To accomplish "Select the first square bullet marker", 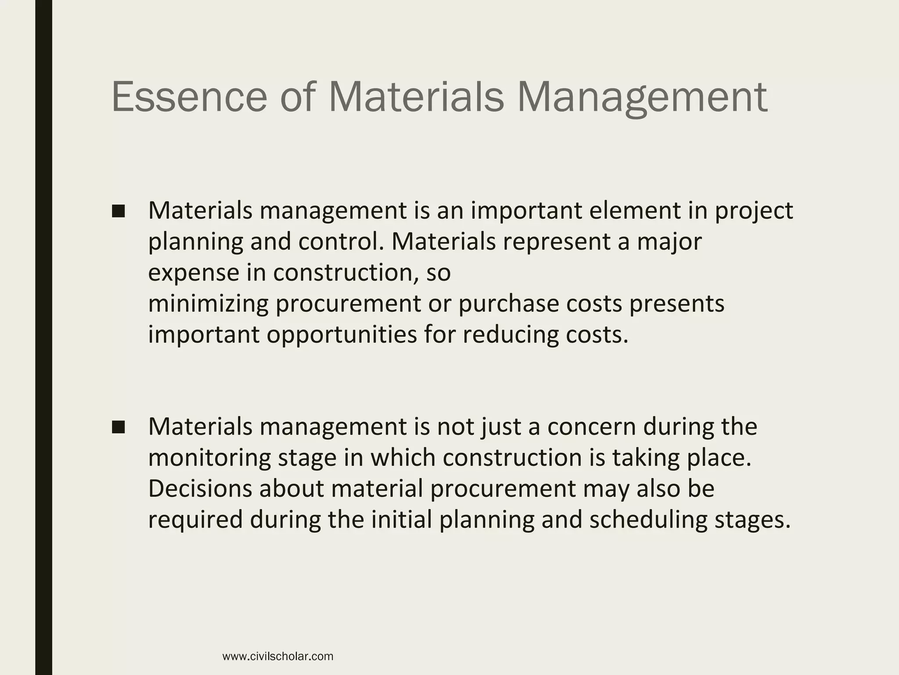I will click(119, 211).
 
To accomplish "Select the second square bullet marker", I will click(119, 427).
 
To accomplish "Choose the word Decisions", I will click(200, 489).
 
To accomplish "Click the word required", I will click(195, 520).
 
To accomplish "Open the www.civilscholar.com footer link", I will click(278, 657).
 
